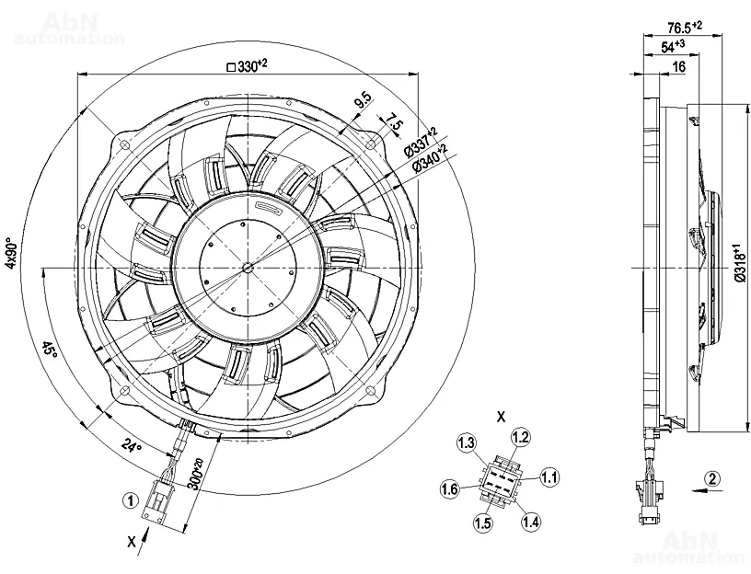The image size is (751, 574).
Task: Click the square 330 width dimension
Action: coord(246,66)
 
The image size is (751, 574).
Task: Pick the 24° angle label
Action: coord(133,448)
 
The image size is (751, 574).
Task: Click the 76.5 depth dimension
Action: coord(683,27)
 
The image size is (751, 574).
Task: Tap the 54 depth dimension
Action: coord(672,46)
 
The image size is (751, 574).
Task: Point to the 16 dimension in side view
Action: coord(678,67)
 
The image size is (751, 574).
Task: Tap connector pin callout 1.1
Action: coord(550,476)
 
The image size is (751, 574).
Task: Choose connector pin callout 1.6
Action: coord(449,488)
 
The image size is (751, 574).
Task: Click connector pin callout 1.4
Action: coord(530,522)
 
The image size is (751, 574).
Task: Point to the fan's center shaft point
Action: coord(246,268)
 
